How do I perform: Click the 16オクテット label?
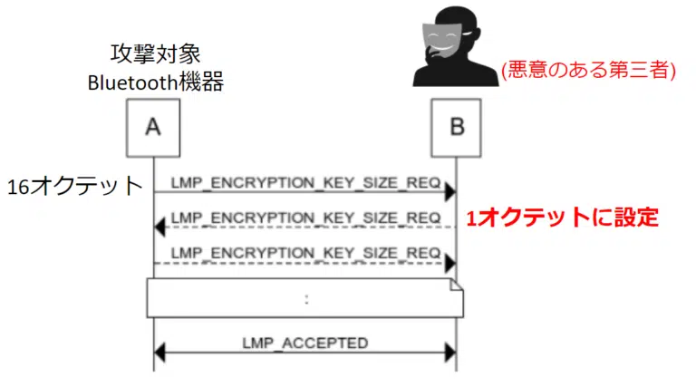point(75,187)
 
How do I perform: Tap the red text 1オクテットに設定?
point(561,218)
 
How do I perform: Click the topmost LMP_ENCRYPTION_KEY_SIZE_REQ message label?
point(305,180)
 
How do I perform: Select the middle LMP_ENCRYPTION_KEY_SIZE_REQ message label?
point(305,218)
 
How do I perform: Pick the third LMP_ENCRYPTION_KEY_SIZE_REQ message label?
point(305,251)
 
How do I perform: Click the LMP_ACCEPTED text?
point(305,343)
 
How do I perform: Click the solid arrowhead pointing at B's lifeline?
point(449,192)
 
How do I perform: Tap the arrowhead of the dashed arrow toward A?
point(160,227)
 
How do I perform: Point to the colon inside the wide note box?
point(306,298)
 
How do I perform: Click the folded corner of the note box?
point(456,285)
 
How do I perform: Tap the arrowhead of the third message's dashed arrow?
point(449,263)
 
